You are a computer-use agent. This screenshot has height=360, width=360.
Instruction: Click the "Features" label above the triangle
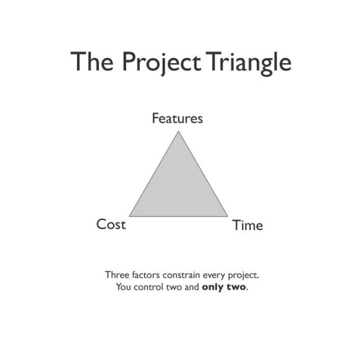(x=177, y=119)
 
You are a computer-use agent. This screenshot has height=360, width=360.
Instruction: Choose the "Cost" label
(x=111, y=224)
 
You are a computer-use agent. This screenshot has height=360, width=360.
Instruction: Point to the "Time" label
(x=247, y=226)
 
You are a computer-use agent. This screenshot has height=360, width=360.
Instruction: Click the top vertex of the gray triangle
(x=178, y=132)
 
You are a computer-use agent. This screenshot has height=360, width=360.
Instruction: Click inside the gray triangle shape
(x=178, y=188)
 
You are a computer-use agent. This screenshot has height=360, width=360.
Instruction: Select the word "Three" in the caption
(x=116, y=276)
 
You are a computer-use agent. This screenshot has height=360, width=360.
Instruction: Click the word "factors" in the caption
(x=145, y=276)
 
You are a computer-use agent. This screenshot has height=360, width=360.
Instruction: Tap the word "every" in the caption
(x=215, y=276)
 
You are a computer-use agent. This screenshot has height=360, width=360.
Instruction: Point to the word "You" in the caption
(x=122, y=287)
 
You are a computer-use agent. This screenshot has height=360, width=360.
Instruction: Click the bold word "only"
(x=212, y=287)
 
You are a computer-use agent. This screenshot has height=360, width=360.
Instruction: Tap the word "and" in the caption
(x=192, y=287)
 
